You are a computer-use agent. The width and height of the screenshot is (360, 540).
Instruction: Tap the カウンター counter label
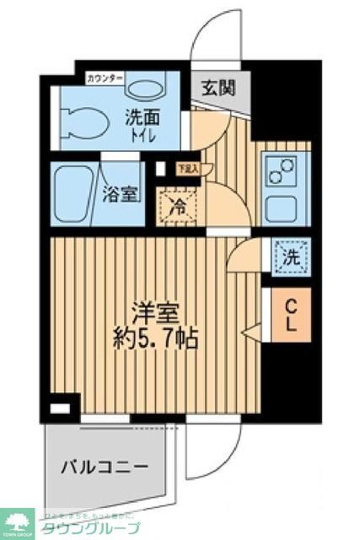(x=105, y=79)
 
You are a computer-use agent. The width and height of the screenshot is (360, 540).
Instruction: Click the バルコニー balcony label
(x=105, y=467)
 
